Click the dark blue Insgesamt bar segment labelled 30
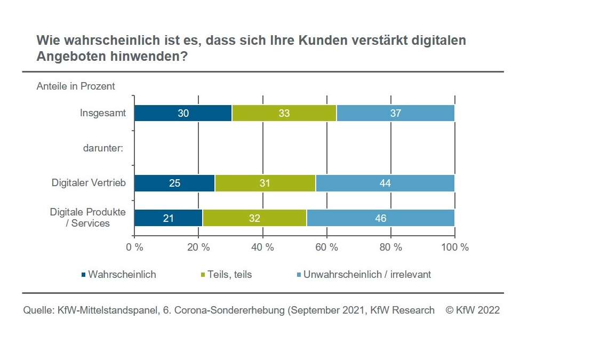[x=182, y=113]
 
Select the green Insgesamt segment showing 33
[x=284, y=113]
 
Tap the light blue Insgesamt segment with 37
[x=395, y=113]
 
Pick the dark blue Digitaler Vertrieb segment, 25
[x=174, y=183]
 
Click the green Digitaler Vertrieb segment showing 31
[x=265, y=183]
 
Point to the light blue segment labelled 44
[x=385, y=183]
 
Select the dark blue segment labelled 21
[x=169, y=218]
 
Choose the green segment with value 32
[x=254, y=218]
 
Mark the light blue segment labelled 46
[x=380, y=218]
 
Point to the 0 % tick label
[x=134, y=247]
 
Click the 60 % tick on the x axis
[x=326, y=247]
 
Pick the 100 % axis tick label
[x=454, y=247]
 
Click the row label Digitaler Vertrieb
[x=89, y=183]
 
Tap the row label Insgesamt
[x=102, y=113]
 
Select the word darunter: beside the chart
[x=103, y=148]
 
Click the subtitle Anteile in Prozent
[x=76, y=86]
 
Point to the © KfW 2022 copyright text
[x=473, y=310]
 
